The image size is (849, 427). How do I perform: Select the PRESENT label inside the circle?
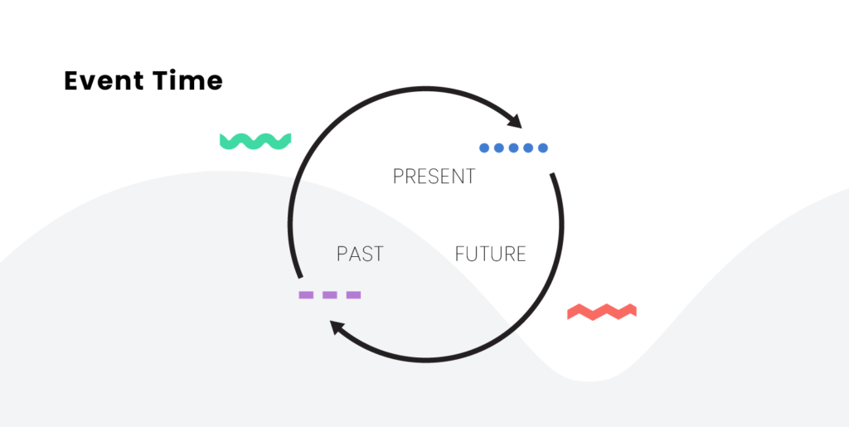[434, 177]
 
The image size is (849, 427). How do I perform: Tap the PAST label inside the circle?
[360, 254]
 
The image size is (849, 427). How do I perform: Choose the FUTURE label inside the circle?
[491, 254]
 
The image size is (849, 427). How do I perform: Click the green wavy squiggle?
[255, 141]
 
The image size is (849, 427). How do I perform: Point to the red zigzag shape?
[602, 312]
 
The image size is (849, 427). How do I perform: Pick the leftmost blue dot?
[484, 148]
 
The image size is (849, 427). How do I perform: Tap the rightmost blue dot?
[543, 148]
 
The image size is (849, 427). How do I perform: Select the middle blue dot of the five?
[514, 148]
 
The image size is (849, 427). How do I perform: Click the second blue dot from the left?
[499, 148]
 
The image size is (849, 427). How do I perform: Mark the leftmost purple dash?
[306, 295]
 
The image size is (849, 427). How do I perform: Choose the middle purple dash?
[330, 295]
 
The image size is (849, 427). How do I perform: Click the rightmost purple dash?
[353, 295]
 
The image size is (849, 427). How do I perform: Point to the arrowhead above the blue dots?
[514, 121]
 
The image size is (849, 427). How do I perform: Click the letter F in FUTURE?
[459, 254]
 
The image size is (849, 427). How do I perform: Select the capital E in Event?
[72, 80]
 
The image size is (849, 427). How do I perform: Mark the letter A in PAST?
[353, 254]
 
